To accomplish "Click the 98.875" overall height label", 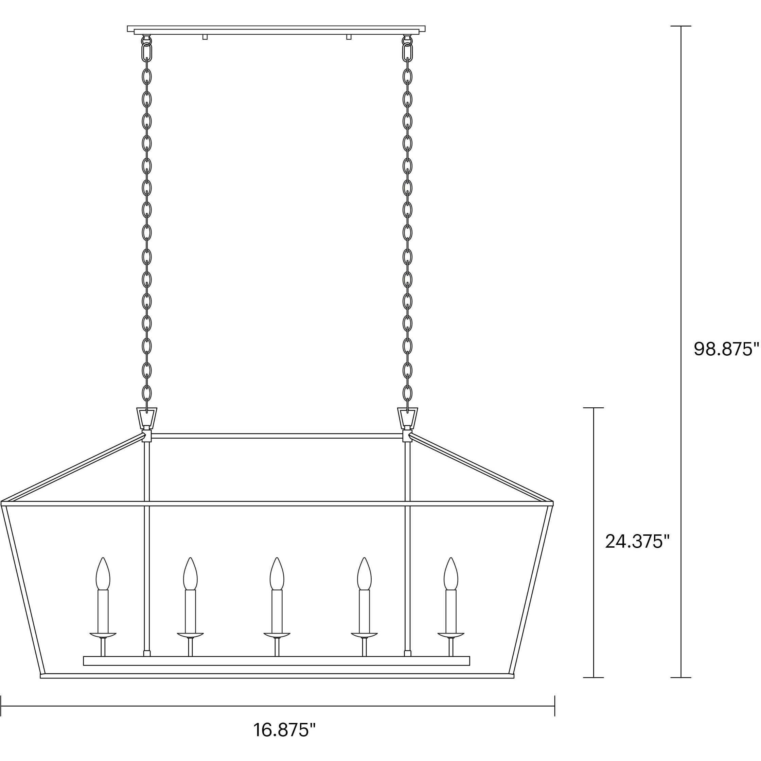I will tap(726, 349).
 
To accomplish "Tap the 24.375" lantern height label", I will tap(637, 542).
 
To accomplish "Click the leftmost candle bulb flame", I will tap(103, 574).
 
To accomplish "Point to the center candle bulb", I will tap(277, 574).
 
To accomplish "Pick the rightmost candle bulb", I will tap(451, 574).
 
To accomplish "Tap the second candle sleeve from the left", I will tap(190, 611).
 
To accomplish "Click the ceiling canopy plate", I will tap(276, 30).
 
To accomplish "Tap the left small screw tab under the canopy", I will tap(205, 37).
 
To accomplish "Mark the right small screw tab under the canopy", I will tap(349, 37).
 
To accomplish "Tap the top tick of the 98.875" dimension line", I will tap(680, 26).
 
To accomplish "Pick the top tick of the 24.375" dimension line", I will tap(593, 408).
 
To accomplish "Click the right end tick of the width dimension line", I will tap(554, 706).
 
